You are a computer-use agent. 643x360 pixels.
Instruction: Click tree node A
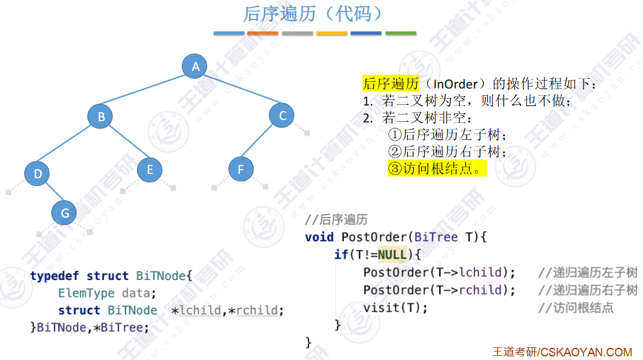[x=195, y=67]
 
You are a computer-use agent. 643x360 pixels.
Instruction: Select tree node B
[x=101, y=116]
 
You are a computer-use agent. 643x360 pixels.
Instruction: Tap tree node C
[x=282, y=115]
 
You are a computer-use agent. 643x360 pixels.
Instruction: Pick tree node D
[x=37, y=175]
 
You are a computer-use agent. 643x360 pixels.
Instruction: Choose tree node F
[x=241, y=170]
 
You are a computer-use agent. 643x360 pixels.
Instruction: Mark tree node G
[x=64, y=213]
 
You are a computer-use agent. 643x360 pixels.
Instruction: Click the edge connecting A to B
[x=148, y=92]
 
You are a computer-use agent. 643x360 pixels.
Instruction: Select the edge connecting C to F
[x=261, y=142]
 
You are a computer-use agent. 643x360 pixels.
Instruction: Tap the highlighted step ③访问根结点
[x=436, y=168]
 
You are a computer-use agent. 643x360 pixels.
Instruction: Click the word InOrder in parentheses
[x=456, y=84]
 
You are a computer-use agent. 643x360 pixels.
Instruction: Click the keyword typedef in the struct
[x=55, y=276]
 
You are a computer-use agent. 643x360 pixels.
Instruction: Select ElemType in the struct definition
[x=86, y=293]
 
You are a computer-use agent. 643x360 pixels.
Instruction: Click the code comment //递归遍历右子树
[x=587, y=290]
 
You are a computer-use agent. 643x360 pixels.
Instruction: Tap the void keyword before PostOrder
[x=319, y=237]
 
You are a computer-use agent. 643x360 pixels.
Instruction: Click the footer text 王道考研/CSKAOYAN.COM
[x=562, y=352]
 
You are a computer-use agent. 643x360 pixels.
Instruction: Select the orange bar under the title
[x=262, y=33]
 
